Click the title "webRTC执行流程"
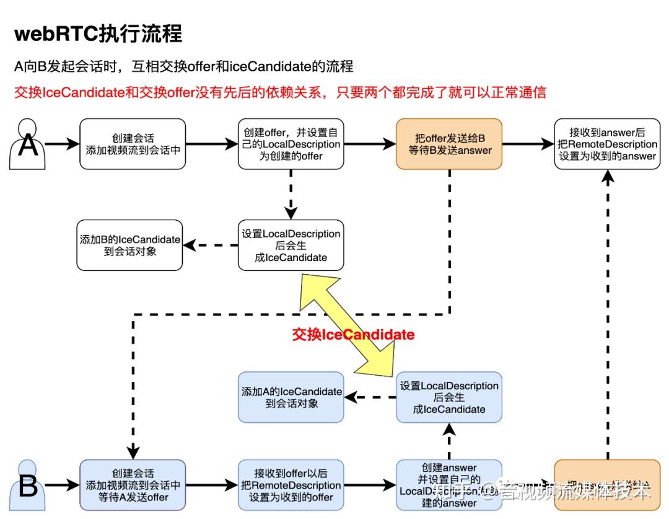coord(98,33)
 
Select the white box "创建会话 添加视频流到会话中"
coord(133,144)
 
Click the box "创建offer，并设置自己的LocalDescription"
coord(291,144)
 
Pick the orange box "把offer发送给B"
coord(449,144)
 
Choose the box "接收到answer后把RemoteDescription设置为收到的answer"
coord(607,144)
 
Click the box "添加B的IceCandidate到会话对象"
coord(129,245)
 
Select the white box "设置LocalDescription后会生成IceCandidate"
coord(291,245)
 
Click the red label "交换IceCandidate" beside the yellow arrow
coord(353,335)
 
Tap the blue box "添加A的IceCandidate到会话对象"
coord(291,397)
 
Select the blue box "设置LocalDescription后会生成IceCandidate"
coord(449,397)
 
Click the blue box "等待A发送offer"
coord(133,485)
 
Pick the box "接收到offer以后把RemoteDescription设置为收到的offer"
coord(291,485)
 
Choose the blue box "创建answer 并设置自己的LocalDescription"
coord(449,485)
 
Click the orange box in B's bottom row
coord(607,485)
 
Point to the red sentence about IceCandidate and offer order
coord(280,92)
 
